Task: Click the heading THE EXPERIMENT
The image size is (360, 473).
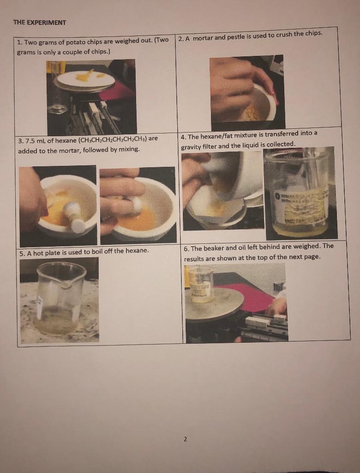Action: pyautogui.click(x=40, y=22)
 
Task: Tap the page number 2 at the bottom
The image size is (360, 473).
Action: pyautogui.click(x=185, y=439)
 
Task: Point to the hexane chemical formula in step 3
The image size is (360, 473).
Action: pyautogui.click(x=113, y=139)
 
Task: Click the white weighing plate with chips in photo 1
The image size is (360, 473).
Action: pyautogui.click(x=84, y=79)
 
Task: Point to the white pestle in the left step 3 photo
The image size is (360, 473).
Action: pyautogui.click(x=74, y=216)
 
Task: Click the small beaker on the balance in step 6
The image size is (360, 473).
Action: pyautogui.click(x=201, y=284)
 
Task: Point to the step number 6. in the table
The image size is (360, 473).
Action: pyautogui.click(x=186, y=248)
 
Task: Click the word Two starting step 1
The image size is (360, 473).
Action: pyautogui.click(x=30, y=42)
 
